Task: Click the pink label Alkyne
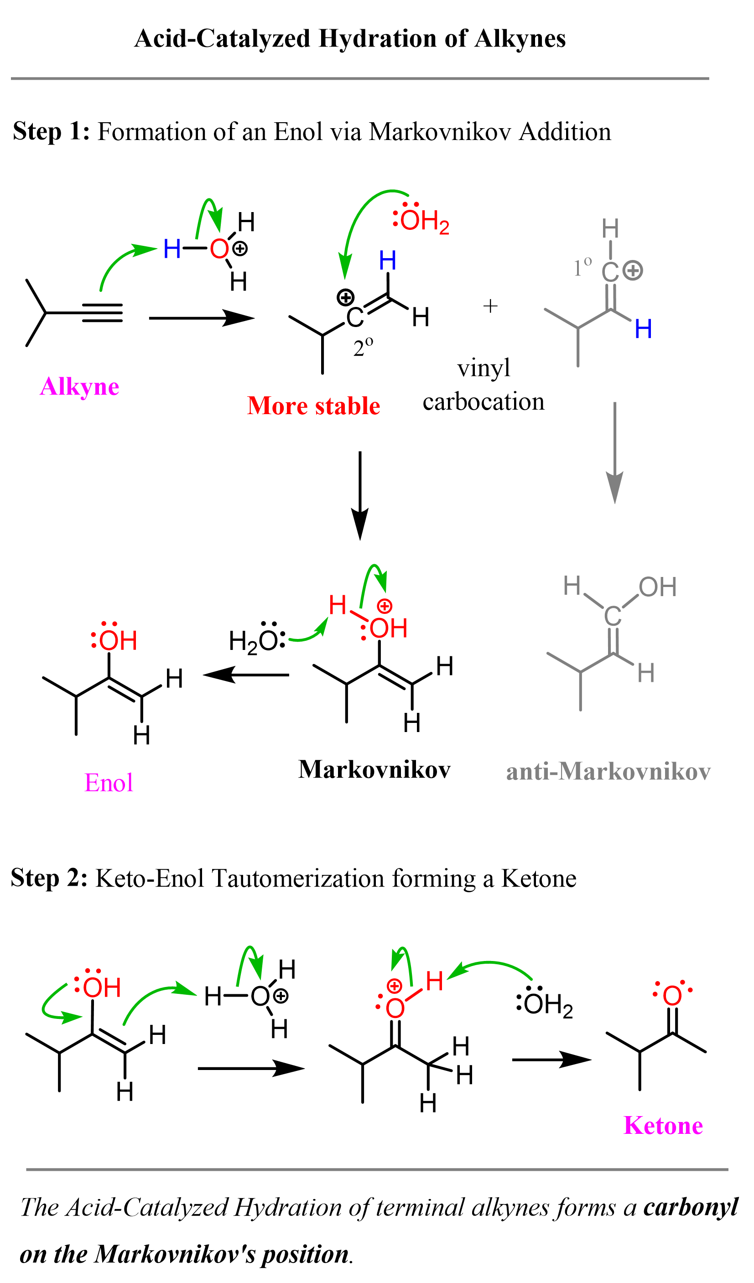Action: [79, 387]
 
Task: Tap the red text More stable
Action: [314, 407]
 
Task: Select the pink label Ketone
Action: [663, 1126]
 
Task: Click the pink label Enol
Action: [109, 783]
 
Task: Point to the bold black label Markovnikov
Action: [374, 770]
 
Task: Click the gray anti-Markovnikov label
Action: [608, 772]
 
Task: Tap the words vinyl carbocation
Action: [483, 385]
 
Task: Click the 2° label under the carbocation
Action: [363, 347]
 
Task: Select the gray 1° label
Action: [582, 267]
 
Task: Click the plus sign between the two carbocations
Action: [490, 306]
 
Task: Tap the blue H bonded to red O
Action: [172, 249]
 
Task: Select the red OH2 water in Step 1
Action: [422, 220]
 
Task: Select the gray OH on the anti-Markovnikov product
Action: [657, 587]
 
